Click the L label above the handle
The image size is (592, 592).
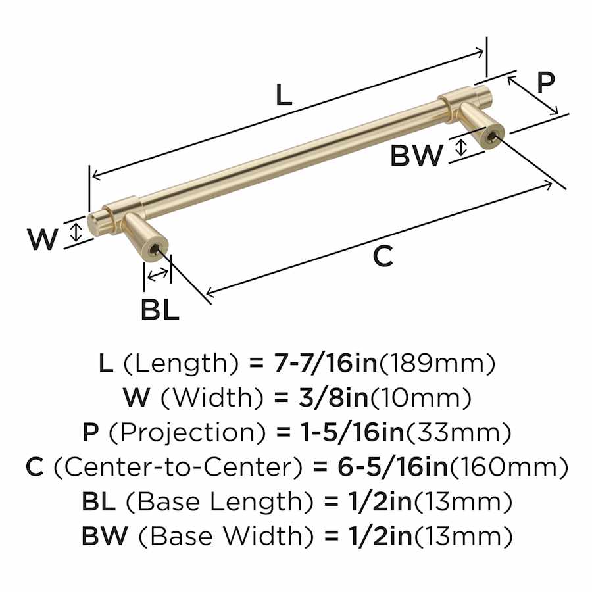(x=284, y=95)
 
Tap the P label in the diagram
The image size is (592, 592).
(x=545, y=82)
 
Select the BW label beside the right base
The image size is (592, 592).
(x=416, y=155)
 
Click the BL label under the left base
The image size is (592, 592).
(x=160, y=310)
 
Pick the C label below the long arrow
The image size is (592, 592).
(x=382, y=256)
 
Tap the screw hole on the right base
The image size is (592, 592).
(x=491, y=138)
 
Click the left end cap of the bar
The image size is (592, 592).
(x=91, y=226)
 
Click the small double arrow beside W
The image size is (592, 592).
(x=77, y=232)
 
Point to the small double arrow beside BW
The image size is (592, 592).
(x=460, y=147)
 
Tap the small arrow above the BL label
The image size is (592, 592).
(x=157, y=274)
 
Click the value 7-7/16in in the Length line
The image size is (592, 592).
(x=325, y=363)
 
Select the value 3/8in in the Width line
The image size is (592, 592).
(x=333, y=397)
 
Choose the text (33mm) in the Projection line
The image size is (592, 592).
(x=458, y=433)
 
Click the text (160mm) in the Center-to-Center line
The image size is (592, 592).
(x=508, y=468)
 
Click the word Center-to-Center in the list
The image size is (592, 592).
(x=178, y=468)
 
